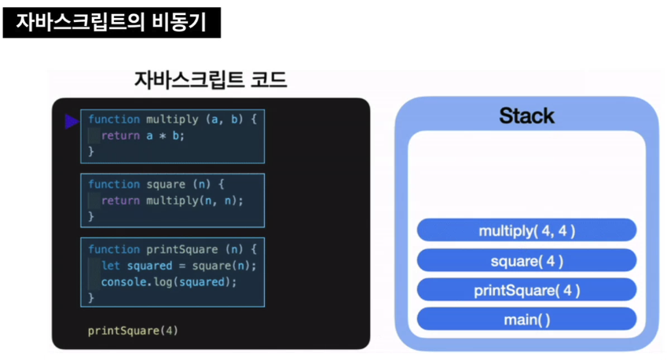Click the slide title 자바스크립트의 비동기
111,22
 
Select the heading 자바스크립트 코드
211,80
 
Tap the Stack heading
526,116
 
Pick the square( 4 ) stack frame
526,260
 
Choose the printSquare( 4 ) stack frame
526,290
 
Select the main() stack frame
526,319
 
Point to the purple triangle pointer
71,121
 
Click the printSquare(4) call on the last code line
133,330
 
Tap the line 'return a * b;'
148,135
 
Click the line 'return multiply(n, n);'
172,200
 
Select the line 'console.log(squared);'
169,281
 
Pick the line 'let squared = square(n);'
179,265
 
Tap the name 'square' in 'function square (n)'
166,184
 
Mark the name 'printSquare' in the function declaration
182,249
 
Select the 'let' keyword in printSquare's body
110,265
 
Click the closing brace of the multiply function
90,151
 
